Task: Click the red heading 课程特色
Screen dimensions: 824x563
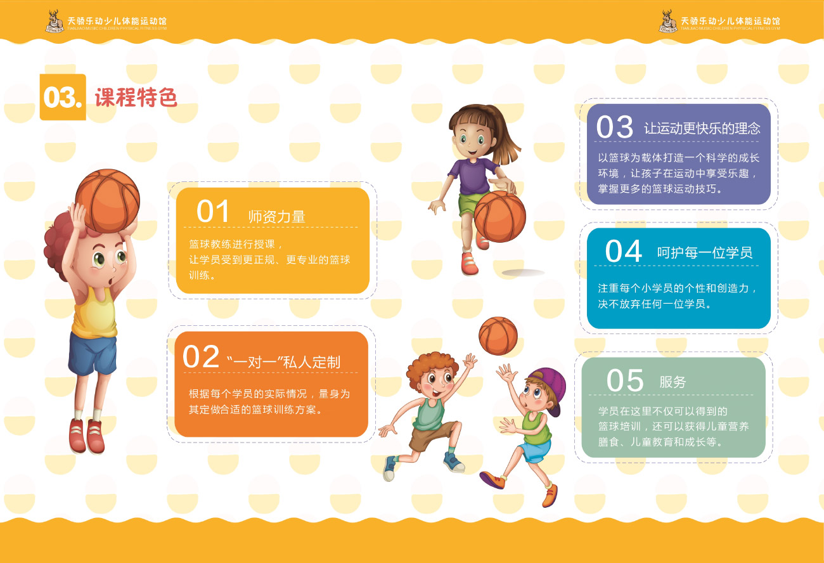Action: [136, 98]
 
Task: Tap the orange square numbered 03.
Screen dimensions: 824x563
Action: [63, 97]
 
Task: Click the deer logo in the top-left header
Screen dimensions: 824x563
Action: [54, 22]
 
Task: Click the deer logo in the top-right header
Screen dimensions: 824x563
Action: [667, 22]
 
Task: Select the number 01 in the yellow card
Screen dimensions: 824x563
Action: [212, 212]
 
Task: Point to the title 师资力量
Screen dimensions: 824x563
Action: [276, 216]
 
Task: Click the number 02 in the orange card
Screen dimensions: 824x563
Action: [201, 356]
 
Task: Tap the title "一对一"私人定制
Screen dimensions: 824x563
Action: [283, 362]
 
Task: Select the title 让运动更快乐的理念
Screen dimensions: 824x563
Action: [702, 128]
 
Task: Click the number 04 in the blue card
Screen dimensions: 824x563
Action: [624, 251]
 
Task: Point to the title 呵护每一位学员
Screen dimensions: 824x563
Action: [705, 253]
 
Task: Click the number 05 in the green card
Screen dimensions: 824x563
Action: [625, 380]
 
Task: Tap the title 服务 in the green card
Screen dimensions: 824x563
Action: [673, 382]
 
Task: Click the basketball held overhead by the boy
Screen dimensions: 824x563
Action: [107, 201]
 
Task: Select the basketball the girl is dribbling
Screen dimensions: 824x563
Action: [500, 216]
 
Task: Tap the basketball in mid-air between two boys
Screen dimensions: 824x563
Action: [498, 336]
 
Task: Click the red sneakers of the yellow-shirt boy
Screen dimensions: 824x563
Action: [87, 436]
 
